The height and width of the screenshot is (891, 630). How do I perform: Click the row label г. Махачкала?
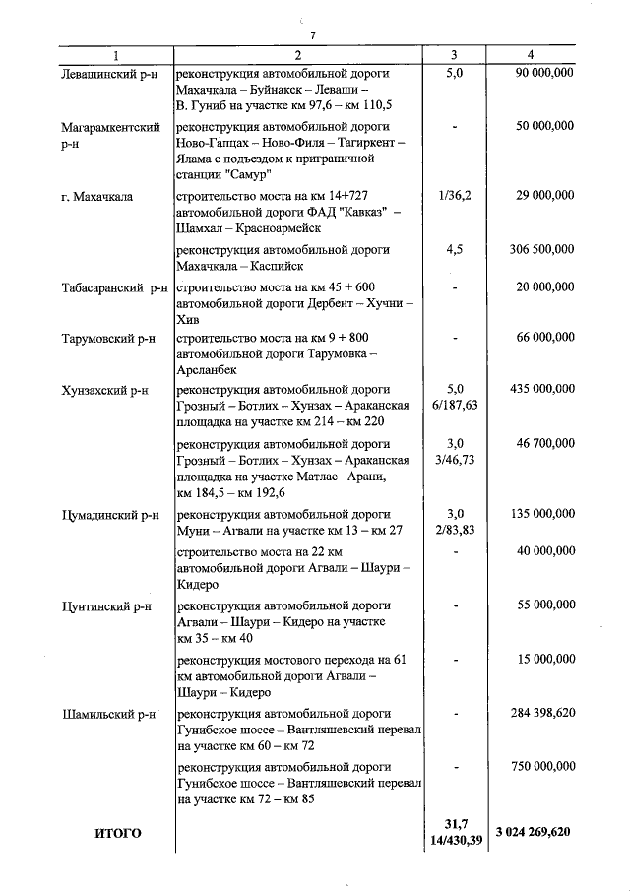(x=96, y=196)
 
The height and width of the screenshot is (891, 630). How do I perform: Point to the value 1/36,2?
(x=454, y=196)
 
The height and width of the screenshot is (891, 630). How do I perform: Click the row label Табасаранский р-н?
(x=114, y=288)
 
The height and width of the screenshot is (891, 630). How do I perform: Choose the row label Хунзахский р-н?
(x=104, y=390)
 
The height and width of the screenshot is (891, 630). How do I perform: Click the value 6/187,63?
(x=454, y=405)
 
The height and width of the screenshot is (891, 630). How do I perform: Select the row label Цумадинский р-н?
(x=110, y=514)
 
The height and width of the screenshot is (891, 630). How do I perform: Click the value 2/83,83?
(x=454, y=530)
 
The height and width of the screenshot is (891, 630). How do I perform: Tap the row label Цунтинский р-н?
(x=106, y=606)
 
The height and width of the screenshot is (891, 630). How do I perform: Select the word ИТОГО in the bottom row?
(x=118, y=833)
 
